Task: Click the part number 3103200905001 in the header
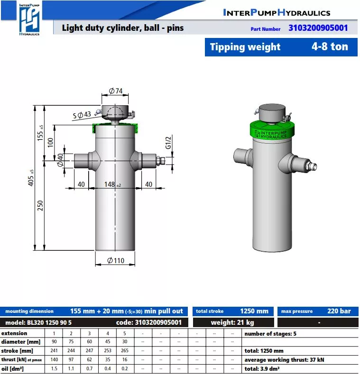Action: (318, 28)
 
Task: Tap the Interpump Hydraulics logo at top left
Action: (29, 19)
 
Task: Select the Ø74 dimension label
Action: (116, 91)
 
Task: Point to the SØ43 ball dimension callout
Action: (82, 115)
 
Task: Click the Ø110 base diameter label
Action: (116, 260)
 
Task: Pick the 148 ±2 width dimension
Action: (112, 184)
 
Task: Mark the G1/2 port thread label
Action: (168, 143)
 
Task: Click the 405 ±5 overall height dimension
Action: (31, 178)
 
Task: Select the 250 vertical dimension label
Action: (40, 205)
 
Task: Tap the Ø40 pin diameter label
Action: (60, 160)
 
